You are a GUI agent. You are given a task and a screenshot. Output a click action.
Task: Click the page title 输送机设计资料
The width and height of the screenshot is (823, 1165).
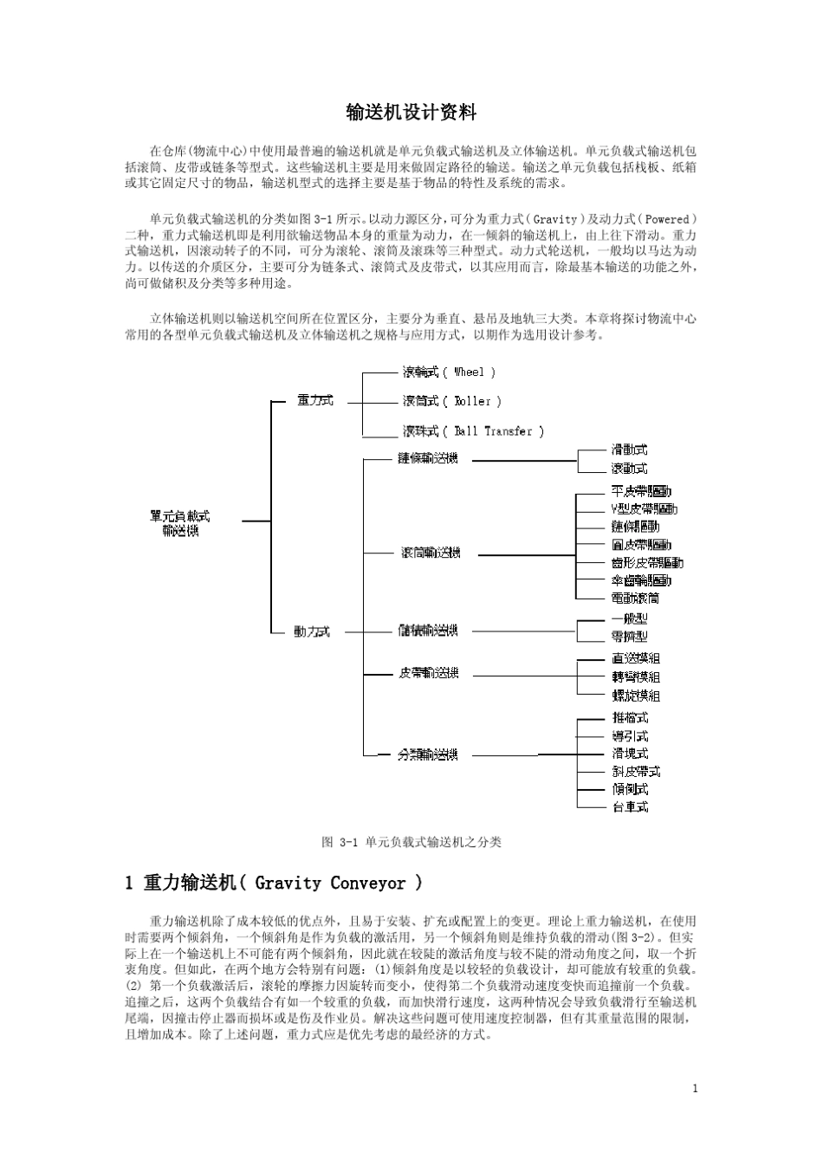pyautogui.click(x=411, y=113)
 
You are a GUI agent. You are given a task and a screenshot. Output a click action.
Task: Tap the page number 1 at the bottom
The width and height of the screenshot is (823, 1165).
pyautogui.click(x=695, y=1089)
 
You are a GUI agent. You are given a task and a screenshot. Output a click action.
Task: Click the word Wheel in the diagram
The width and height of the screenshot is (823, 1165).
pyautogui.click(x=469, y=372)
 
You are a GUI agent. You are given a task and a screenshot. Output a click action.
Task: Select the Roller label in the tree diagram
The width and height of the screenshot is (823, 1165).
pyautogui.click(x=473, y=401)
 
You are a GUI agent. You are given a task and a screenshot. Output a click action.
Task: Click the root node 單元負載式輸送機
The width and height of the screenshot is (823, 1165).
pyautogui.click(x=180, y=522)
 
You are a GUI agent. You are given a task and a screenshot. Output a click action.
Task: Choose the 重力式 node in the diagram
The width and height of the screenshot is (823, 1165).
pyautogui.click(x=314, y=400)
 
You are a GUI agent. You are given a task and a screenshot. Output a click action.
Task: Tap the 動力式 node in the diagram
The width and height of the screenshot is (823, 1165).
pyautogui.click(x=312, y=631)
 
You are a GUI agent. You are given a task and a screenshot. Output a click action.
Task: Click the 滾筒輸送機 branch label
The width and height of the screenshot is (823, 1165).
pyautogui.click(x=430, y=553)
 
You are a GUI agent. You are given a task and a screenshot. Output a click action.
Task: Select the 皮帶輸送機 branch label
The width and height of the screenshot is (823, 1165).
pyautogui.click(x=429, y=673)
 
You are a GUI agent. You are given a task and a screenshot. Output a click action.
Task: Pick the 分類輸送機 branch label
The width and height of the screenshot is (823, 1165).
pyautogui.click(x=428, y=754)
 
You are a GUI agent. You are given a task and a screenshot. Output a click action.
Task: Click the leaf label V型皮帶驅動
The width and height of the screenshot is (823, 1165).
pyautogui.click(x=644, y=508)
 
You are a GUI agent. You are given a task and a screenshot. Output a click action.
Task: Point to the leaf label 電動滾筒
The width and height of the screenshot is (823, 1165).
pyautogui.click(x=635, y=598)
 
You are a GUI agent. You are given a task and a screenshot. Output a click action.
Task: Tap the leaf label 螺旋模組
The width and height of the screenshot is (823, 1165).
pyautogui.click(x=636, y=695)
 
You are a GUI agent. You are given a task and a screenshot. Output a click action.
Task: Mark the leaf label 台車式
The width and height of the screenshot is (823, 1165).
pyautogui.click(x=630, y=806)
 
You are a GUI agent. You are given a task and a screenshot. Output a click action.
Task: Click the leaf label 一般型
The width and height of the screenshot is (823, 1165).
pyautogui.click(x=629, y=618)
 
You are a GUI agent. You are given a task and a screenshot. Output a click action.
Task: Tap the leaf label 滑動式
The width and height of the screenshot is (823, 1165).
pyautogui.click(x=629, y=450)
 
